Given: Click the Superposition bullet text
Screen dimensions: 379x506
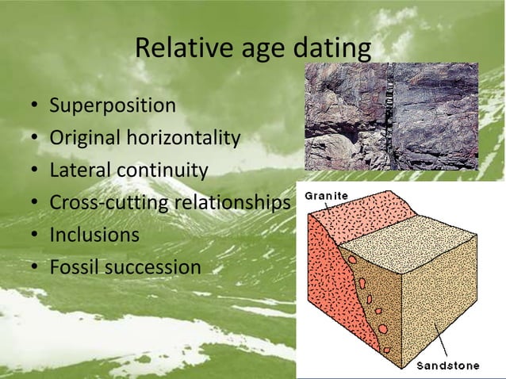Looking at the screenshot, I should coord(113,105).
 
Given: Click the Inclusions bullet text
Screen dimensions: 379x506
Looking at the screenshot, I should coord(94,235).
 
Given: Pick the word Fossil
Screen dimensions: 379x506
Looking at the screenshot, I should coord(72,267).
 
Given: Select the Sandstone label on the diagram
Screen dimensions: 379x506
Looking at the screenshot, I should coord(448,366).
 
